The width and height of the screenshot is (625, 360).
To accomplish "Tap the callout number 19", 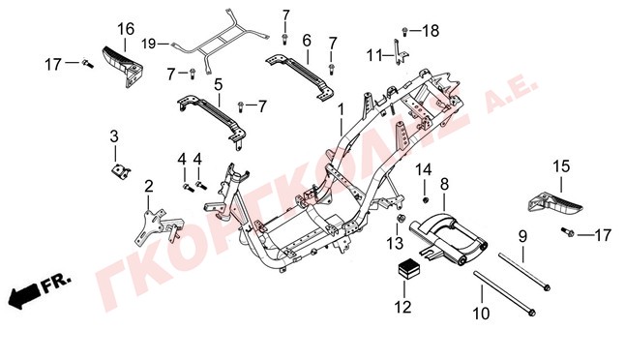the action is click(149, 44).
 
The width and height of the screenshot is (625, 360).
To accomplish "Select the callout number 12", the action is click(403, 307).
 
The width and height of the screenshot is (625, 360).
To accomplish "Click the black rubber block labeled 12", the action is click(408, 269).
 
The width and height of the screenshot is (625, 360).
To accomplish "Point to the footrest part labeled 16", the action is click(123, 66).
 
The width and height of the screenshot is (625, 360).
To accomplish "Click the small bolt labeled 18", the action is click(404, 31).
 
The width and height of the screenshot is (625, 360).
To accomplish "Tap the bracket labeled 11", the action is click(400, 52).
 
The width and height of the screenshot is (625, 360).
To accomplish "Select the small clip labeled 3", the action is click(120, 172).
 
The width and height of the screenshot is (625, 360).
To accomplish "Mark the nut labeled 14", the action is click(426, 198).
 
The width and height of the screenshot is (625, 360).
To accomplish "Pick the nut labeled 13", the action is click(401, 218).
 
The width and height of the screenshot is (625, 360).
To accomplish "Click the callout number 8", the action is click(444, 185).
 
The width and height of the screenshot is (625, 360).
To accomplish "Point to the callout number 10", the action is click(481, 314).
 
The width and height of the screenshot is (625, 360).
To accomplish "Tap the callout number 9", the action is click(522, 236).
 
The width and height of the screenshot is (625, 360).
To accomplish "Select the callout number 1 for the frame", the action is click(341, 109).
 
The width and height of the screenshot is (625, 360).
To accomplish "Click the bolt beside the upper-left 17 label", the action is click(88, 64).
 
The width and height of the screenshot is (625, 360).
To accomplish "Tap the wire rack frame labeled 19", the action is click(219, 45).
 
